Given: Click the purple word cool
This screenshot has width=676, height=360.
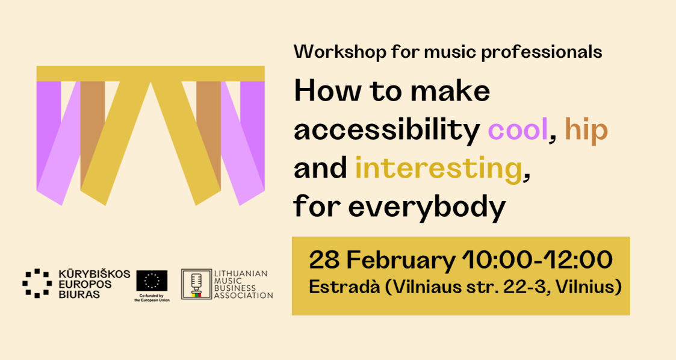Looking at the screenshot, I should pos(517,130).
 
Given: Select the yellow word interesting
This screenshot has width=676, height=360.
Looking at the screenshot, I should pos(438,169).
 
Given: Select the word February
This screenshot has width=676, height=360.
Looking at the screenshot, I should pos(400,261).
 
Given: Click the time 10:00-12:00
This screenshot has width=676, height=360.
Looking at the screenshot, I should pos(538,261).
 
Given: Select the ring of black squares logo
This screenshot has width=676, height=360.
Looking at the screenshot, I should pos(36,283).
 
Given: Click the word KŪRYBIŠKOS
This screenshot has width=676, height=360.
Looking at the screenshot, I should pos(94,274).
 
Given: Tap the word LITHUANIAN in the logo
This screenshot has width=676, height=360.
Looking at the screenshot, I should pos(241,273).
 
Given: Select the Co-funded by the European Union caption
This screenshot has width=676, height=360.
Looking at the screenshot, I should pos(152,297).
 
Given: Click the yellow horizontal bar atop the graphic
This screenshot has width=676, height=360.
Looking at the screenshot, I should pos(150,73).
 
